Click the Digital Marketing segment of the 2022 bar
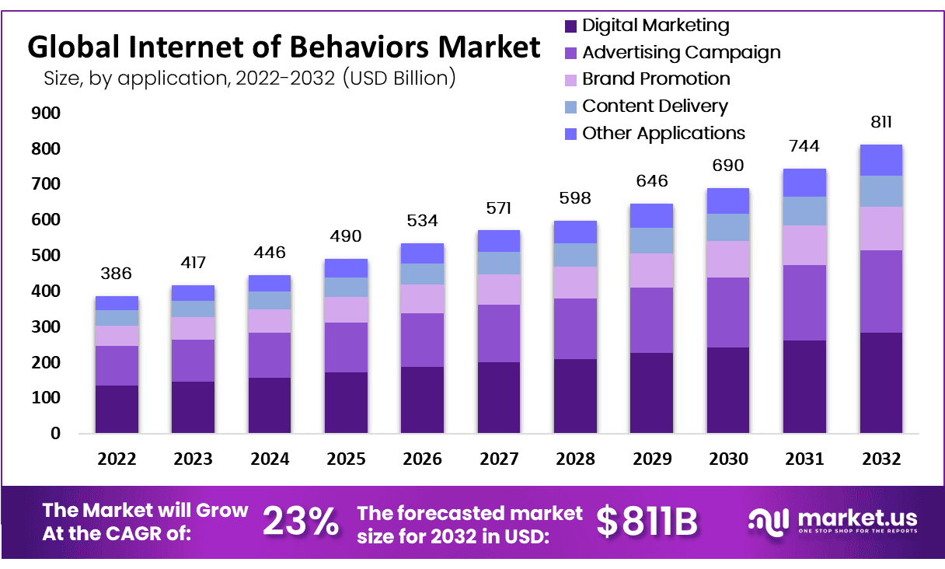pyautogui.click(x=117, y=409)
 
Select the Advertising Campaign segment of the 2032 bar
pyautogui.click(x=880, y=291)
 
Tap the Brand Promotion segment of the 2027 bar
pyautogui.click(x=498, y=289)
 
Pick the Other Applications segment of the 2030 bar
pyautogui.click(x=728, y=201)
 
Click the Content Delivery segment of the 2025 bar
pyautogui.click(x=346, y=287)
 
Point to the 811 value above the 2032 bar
pyautogui.click(x=881, y=122)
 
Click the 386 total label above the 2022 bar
pyautogui.click(x=117, y=274)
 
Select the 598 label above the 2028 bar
pyautogui.click(x=575, y=198)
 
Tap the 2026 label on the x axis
pyautogui.click(x=422, y=459)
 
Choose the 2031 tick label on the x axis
pyautogui.click(x=804, y=459)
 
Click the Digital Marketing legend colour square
pyautogui.click(x=570, y=26)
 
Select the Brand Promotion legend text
pyautogui.click(x=656, y=79)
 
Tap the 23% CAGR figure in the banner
pyautogui.click(x=300, y=522)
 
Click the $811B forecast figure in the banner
pyautogui.click(x=647, y=522)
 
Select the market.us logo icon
pyautogui.click(x=769, y=522)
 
